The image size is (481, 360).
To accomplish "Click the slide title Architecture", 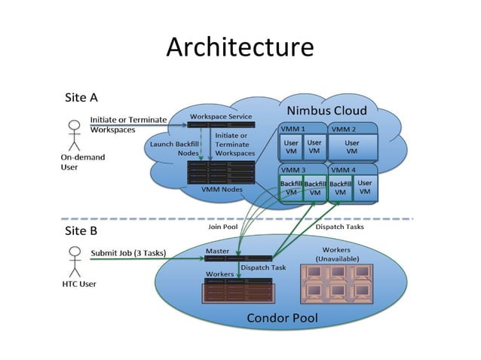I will click(x=240, y=47).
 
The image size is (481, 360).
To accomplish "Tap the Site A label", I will click(x=81, y=97).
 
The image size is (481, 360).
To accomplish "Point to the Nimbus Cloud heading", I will click(x=326, y=110).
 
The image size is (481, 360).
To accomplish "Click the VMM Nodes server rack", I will click(x=221, y=172).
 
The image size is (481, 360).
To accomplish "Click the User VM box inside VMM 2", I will click(x=352, y=146).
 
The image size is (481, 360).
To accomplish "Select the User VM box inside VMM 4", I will click(x=365, y=188).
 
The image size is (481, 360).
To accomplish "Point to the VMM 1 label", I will click(x=293, y=129).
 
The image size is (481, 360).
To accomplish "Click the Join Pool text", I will click(x=222, y=226).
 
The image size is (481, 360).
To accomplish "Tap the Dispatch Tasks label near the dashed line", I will click(x=339, y=226).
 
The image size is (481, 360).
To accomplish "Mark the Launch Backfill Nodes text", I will click(x=174, y=148).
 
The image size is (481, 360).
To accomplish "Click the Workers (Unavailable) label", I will click(x=335, y=254).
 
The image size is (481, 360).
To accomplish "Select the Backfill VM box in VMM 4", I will click(x=340, y=188).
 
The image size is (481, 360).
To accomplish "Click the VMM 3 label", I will click(x=293, y=170).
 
